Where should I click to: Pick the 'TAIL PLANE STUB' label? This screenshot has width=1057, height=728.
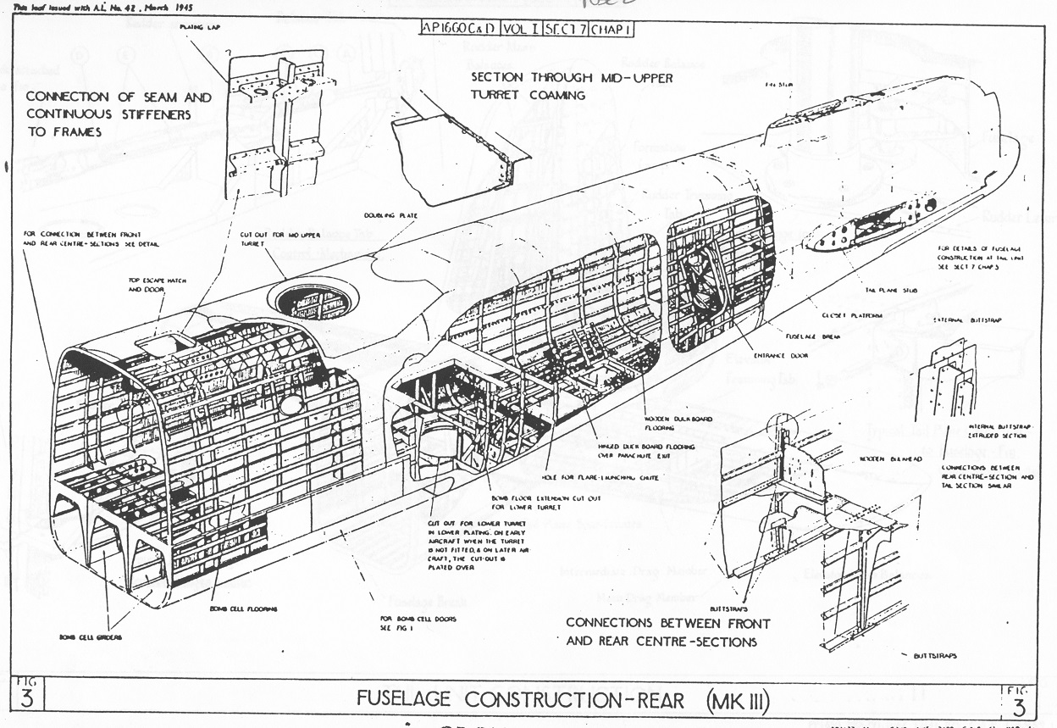point(890,290)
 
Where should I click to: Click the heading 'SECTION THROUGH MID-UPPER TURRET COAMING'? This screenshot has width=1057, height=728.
point(528,86)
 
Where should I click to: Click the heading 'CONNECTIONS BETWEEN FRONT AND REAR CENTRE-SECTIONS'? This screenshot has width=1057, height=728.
point(667,632)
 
